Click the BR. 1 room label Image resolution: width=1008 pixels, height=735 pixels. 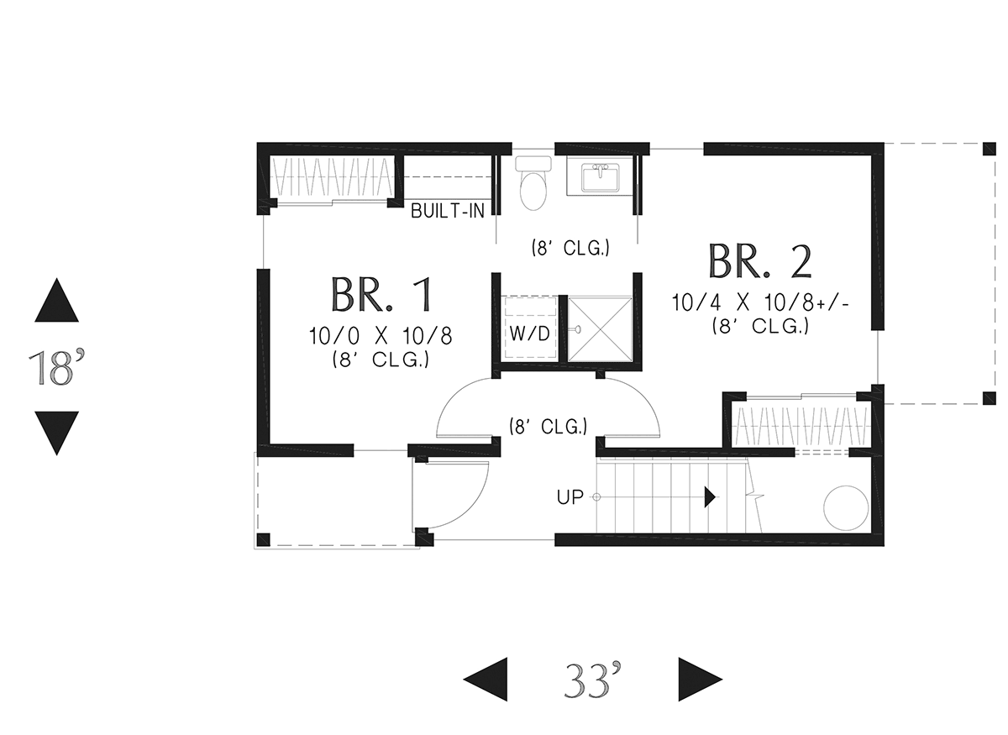[381, 295]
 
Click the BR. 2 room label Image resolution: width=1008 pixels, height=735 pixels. [760, 261]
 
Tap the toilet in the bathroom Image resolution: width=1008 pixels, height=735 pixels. [533, 183]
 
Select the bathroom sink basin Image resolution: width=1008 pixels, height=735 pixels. [601, 177]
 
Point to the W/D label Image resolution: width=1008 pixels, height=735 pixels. [530, 333]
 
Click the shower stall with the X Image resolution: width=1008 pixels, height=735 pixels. [600, 329]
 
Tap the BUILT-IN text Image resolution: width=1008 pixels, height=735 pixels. [448, 211]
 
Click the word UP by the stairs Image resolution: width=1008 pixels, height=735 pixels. [570, 497]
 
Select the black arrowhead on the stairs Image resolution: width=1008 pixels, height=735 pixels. [710, 497]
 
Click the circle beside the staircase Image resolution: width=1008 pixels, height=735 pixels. [846, 508]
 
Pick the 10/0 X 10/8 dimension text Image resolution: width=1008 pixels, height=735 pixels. [381, 336]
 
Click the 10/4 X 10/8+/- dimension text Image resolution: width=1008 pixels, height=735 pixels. [760, 303]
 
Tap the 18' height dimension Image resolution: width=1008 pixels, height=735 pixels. [56, 369]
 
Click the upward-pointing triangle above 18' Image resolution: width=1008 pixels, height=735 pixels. [57, 300]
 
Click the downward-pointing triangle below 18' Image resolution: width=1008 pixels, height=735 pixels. [57, 433]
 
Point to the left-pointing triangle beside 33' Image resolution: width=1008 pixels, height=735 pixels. [486, 680]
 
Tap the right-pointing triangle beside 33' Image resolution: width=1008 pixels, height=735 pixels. [701, 680]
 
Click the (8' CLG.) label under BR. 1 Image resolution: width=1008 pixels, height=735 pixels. [381, 360]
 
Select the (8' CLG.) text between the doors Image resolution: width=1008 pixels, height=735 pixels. [548, 426]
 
